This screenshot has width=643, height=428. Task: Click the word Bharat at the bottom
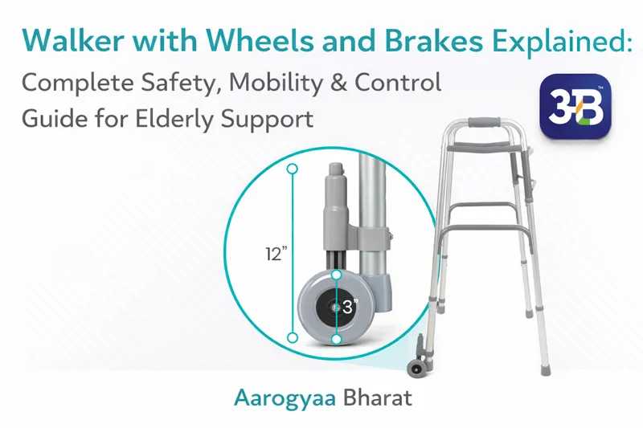click(361, 397)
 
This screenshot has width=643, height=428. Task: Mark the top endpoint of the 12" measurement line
click(292, 169)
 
